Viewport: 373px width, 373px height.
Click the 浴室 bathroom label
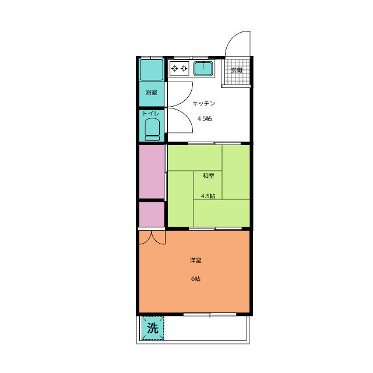click(x=152, y=92)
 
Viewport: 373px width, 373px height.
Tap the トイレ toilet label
click(x=151, y=114)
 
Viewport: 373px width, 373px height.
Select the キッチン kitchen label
click(x=203, y=103)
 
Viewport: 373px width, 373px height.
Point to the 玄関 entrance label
click(x=237, y=70)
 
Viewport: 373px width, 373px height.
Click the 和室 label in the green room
click(x=209, y=176)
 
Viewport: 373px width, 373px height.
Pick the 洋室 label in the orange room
click(x=196, y=261)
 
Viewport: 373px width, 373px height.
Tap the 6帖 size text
click(x=196, y=279)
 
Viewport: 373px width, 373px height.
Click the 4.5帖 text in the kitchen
click(x=205, y=118)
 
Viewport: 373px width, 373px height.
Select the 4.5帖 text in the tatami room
click(x=208, y=196)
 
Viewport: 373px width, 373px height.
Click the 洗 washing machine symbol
click(x=153, y=328)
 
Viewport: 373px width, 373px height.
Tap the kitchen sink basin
click(x=203, y=69)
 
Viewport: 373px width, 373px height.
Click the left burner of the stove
click(x=175, y=69)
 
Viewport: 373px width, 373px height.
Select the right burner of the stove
click(x=184, y=69)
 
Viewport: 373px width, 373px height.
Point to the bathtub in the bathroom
click(x=152, y=70)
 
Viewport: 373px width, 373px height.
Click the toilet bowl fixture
click(x=152, y=129)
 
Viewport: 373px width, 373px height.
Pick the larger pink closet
click(x=152, y=171)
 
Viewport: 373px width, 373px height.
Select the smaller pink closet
click(x=152, y=214)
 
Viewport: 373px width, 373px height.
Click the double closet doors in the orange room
click(x=152, y=238)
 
